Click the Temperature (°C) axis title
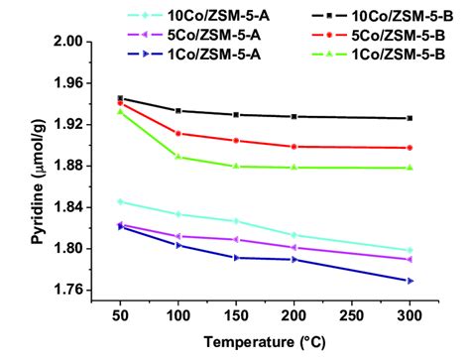265,342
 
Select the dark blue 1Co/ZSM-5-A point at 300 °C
410,281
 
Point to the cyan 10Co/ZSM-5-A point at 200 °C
294,235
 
